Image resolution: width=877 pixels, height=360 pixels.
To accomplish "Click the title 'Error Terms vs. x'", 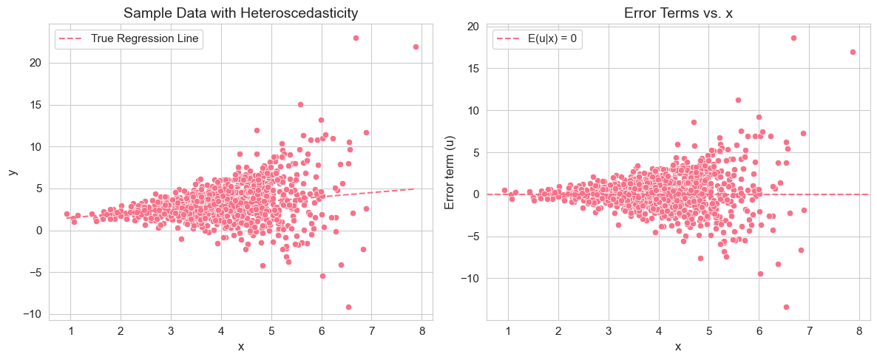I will [677, 13].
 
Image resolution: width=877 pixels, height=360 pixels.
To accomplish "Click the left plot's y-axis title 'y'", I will [13, 172].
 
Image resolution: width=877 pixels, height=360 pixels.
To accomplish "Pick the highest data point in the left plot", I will [356, 38].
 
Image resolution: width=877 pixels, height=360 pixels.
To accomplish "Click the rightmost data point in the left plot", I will [416, 47].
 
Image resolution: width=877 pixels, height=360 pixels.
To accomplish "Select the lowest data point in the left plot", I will [348, 307].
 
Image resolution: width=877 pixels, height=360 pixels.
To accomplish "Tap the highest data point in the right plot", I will [793, 38].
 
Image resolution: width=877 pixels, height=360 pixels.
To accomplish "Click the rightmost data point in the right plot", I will [853, 52].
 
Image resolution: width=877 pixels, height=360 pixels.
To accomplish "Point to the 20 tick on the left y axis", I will [34, 63].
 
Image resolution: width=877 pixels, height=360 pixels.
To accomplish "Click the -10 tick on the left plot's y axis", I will [31, 314].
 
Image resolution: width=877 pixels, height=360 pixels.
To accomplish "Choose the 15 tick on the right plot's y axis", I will [473, 69].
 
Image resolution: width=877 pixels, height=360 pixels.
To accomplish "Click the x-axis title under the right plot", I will [677, 346].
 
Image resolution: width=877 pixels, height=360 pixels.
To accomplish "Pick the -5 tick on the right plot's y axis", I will [473, 237].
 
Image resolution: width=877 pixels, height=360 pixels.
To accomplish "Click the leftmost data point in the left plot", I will [67, 214].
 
